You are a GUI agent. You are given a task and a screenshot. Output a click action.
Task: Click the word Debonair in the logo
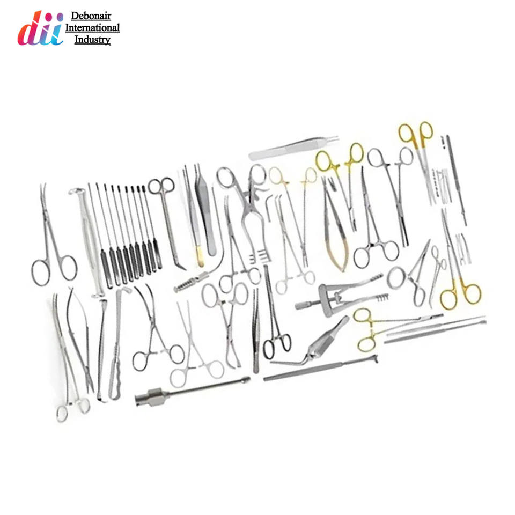[x=92, y=17]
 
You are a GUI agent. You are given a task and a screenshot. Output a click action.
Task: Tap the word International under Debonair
[x=92, y=28]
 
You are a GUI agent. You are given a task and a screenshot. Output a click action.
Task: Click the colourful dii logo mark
[x=40, y=28]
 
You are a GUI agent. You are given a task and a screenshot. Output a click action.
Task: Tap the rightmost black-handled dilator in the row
[x=157, y=257]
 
